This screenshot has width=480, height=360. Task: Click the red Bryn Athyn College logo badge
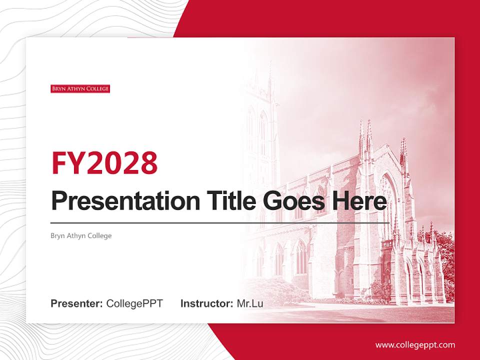coord(80,89)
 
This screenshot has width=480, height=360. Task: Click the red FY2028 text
coord(104,163)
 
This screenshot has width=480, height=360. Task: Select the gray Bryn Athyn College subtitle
coord(81,235)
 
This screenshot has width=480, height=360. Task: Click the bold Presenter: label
coord(77,303)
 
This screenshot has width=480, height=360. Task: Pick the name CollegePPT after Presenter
coord(134,303)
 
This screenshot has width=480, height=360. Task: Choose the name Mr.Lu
coord(249,303)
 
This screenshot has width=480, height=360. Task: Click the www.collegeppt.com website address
coord(415,345)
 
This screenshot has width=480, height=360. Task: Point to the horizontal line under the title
coord(220,222)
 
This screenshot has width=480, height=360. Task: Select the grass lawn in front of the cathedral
coord(350,312)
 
